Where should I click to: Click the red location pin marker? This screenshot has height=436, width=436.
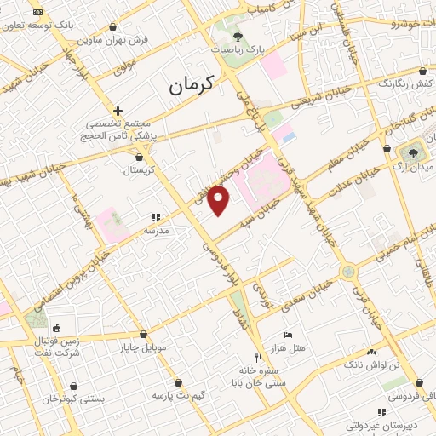pyautogui.click(x=220, y=200)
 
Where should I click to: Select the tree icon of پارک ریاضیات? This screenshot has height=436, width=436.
pyautogui.click(x=238, y=37)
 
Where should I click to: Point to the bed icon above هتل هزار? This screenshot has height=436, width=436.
pyautogui.click(x=288, y=335)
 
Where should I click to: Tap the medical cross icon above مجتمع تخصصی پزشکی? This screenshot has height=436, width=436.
pyautogui.click(x=118, y=111)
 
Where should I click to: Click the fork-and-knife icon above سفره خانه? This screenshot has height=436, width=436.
pyautogui.click(x=258, y=358)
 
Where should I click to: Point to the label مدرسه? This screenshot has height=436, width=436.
pyautogui.click(x=156, y=231)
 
